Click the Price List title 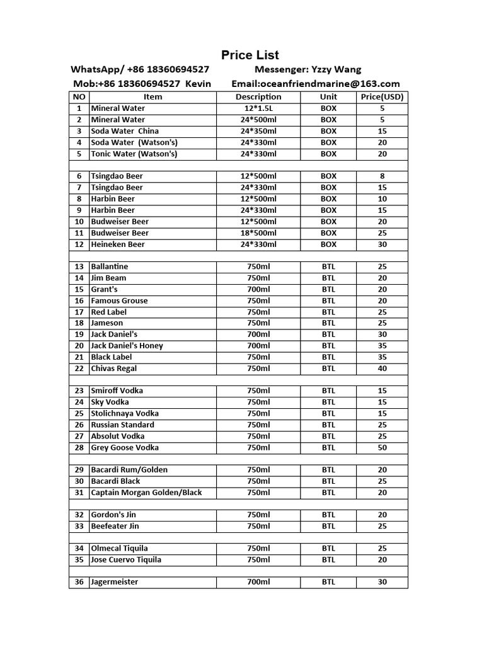pyautogui.click(x=250, y=55)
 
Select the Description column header pyautogui.click(x=258, y=97)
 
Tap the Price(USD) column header pyautogui.click(x=382, y=97)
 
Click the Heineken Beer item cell pyautogui.click(x=118, y=244)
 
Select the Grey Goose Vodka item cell pyautogui.click(x=125, y=448)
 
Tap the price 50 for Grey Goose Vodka pyautogui.click(x=382, y=448)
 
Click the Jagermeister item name pyautogui.click(x=114, y=582)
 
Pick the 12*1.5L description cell pyautogui.click(x=258, y=108)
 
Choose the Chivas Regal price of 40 pyautogui.click(x=382, y=368)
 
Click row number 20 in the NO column pyautogui.click(x=79, y=346)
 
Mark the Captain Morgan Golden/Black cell pyautogui.click(x=146, y=493)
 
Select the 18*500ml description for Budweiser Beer pyautogui.click(x=258, y=233)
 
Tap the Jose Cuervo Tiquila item pyautogui.click(x=126, y=560)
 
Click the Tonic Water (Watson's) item pyautogui.click(x=134, y=154)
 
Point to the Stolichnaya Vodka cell pyautogui.click(x=125, y=414)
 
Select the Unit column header pyautogui.click(x=328, y=97)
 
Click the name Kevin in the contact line pyautogui.click(x=199, y=84)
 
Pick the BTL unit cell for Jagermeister pyautogui.click(x=328, y=582)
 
